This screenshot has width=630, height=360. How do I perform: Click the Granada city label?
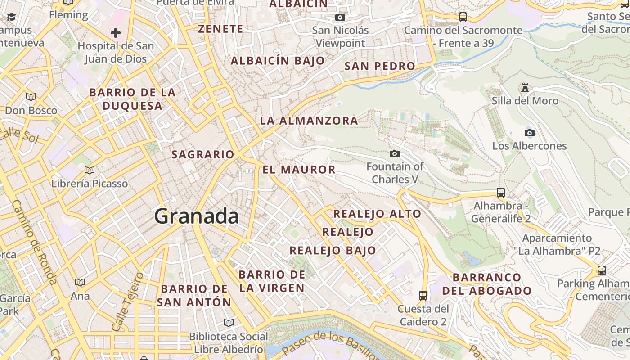point(197,216)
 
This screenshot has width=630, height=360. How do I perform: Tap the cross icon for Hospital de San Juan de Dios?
point(116,32)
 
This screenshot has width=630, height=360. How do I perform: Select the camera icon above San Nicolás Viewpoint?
point(340,18)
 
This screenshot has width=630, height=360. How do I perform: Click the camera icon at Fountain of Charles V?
point(395,154)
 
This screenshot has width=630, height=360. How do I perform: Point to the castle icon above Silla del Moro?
point(525,87)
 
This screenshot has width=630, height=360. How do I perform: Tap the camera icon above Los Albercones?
point(530,133)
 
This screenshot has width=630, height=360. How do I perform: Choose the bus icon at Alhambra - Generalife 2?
point(501,193)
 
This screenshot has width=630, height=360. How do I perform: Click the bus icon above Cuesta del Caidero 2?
point(423,296)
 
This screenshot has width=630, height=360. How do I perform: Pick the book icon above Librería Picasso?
point(90,170)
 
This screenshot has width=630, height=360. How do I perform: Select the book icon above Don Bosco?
point(31,97)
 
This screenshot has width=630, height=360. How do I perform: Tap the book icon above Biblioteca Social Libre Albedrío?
point(229,323)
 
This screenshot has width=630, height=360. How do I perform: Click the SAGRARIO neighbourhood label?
point(203,154)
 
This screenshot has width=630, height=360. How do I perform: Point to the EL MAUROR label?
point(299,170)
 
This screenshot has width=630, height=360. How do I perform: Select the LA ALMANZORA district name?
point(309,121)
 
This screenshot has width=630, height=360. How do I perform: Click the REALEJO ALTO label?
point(377,214)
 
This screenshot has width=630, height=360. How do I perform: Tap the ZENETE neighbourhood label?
point(220,29)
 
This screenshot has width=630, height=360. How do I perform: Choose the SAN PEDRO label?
point(380,66)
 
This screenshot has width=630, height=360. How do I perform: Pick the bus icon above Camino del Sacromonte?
point(463,17)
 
